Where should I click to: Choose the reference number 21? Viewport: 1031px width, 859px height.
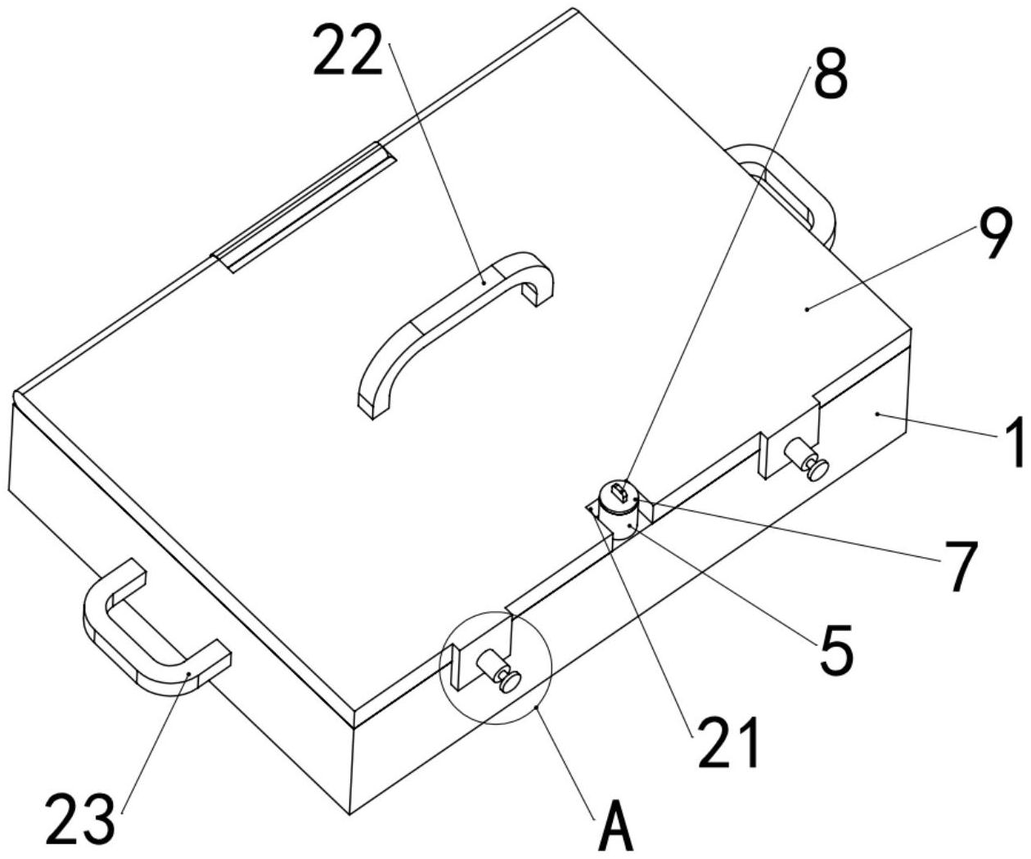(728, 743)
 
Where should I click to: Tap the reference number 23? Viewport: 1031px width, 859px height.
(79, 818)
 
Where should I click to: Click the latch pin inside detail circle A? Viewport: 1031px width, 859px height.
(501, 672)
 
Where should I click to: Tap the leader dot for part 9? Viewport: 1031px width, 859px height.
(807, 308)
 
